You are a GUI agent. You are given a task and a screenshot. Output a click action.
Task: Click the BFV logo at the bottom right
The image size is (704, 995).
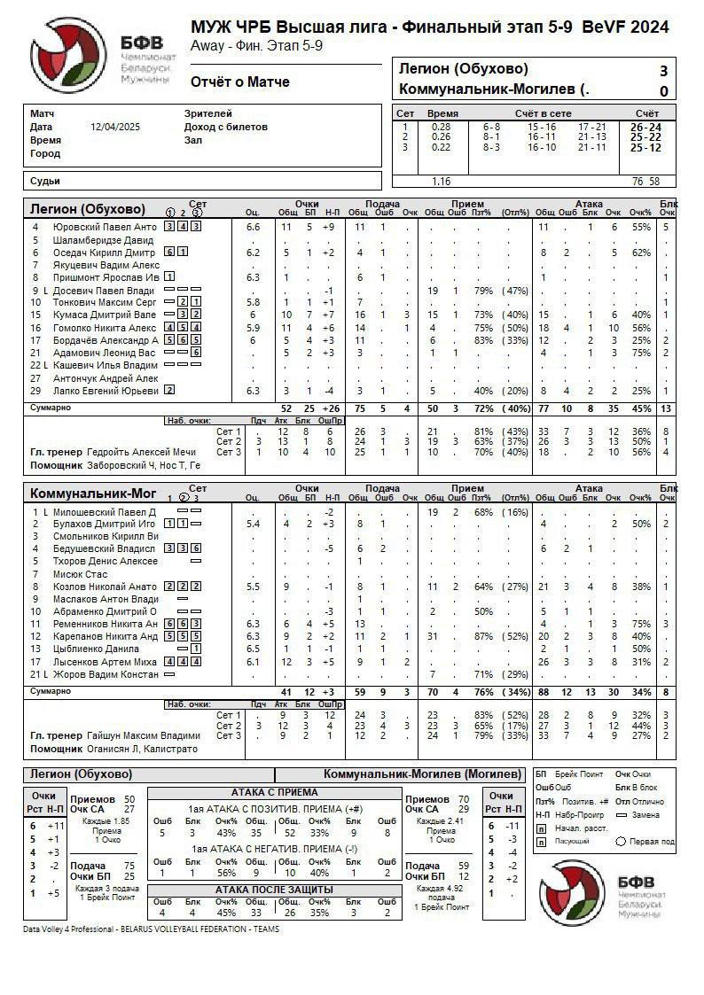coord(576,889)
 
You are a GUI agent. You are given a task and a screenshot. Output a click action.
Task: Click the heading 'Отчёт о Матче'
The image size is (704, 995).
coord(240,82)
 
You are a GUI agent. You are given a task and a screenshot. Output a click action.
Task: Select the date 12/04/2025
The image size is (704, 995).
coord(114,127)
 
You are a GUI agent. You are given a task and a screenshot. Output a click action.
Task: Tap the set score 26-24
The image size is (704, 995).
coord(645,127)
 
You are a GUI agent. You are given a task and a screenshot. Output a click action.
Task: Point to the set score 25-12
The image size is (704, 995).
coord(645,147)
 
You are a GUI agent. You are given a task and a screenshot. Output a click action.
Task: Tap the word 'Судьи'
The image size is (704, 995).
coord(45,181)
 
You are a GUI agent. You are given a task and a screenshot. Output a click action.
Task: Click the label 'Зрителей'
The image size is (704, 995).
coord(208,113)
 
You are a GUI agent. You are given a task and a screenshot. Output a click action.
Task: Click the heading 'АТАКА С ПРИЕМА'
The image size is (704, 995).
coord(274,792)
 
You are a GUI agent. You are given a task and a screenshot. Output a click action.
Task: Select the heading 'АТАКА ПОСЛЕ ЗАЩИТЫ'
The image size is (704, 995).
coord(274,889)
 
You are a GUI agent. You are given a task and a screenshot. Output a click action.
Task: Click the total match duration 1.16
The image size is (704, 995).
coord(441,181)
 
